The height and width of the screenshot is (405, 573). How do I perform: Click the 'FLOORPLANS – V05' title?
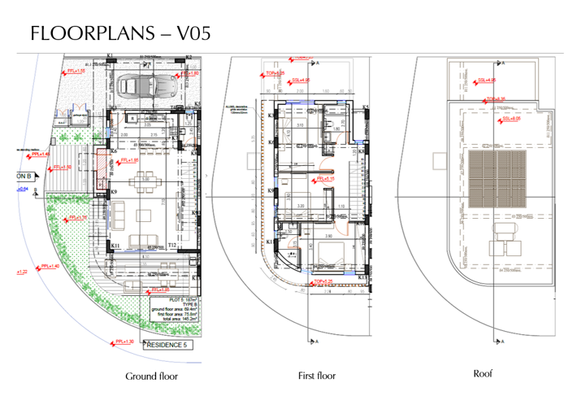coord(120,33)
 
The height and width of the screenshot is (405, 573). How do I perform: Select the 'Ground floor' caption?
coord(151,377)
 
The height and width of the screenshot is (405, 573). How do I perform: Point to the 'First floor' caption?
coord(315,376)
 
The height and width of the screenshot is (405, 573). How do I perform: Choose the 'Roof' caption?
coord(483,373)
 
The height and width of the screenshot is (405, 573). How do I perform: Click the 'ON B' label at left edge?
coord(23,175)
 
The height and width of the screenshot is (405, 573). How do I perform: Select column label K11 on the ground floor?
coord(115,245)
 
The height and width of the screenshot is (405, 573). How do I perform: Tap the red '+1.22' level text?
coord(22,272)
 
